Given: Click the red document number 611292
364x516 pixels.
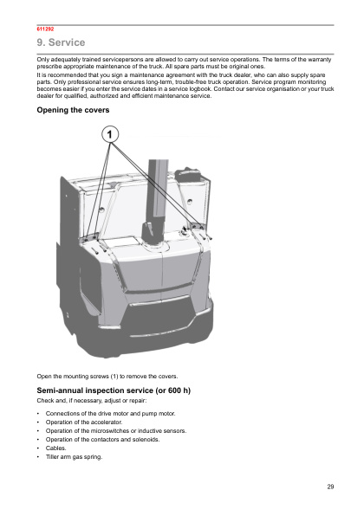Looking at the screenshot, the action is [45, 29].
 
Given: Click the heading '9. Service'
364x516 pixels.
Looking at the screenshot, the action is [61, 42].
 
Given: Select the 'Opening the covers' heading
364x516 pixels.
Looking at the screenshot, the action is [73, 110].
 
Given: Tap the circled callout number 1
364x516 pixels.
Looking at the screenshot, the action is [110, 134].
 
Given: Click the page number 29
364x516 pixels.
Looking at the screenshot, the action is [330, 487].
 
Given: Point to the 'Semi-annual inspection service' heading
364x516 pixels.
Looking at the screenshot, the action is [114, 390].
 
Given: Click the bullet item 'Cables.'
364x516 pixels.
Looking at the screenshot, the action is [56, 448].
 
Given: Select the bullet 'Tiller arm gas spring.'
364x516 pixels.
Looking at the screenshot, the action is [75, 457].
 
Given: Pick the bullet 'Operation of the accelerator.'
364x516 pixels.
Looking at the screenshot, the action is [84, 422].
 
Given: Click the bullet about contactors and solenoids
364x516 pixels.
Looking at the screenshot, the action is [103, 439].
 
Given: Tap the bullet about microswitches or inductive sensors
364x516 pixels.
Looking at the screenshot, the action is [116, 431].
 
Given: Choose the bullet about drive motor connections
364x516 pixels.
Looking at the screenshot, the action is [111, 413].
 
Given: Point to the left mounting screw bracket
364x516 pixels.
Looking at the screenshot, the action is [90, 237].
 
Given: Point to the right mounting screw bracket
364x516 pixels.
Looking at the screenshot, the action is [197, 226].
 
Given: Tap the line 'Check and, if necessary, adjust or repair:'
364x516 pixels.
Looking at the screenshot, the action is [92, 401].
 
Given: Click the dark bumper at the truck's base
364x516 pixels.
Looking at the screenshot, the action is [139, 339].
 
